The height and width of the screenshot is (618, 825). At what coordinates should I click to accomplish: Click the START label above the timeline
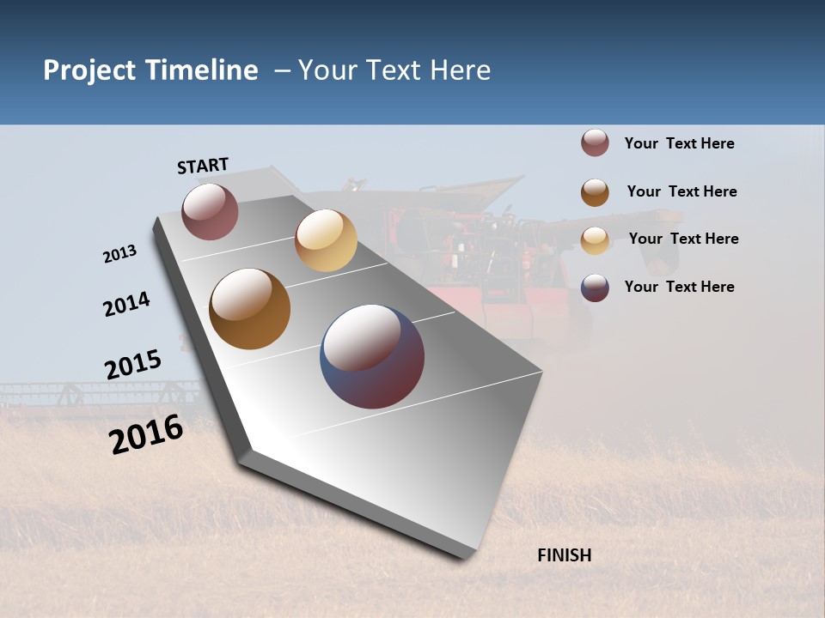click(203, 165)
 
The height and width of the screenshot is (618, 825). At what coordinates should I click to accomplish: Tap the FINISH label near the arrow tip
click(564, 555)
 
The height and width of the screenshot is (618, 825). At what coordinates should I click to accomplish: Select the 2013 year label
click(119, 254)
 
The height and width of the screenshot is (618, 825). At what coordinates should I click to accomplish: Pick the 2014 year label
click(126, 304)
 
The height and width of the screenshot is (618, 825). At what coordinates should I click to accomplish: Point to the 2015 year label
click(132, 364)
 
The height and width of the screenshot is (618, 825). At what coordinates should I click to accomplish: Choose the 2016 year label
click(146, 433)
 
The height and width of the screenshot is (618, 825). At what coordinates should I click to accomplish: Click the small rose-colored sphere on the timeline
click(210, 211)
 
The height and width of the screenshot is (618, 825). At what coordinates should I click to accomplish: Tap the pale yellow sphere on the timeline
click(326, 240)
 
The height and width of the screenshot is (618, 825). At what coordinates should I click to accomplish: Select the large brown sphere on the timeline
click(250, 309)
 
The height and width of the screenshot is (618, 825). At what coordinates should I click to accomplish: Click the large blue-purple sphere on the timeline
click(372, 356)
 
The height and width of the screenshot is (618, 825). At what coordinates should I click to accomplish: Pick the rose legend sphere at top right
click(595, 143)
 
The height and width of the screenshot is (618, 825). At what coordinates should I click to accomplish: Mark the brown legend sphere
click(595, 192)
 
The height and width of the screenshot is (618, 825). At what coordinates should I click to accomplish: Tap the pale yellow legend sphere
click(595, 240)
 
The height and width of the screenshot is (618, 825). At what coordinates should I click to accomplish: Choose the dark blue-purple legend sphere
click(595, 288)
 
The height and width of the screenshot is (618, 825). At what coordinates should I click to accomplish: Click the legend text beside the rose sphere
click(679, 143)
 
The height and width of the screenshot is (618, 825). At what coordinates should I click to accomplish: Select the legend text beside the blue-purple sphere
click(679, 287)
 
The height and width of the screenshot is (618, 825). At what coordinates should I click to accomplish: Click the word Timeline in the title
click(201, 70)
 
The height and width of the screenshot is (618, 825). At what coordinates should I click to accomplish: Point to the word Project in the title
click(90, 70)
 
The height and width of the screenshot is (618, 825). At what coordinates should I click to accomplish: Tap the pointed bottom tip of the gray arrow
click(464, 556)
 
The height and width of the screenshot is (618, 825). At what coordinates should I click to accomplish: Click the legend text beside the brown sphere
click(681, 191)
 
